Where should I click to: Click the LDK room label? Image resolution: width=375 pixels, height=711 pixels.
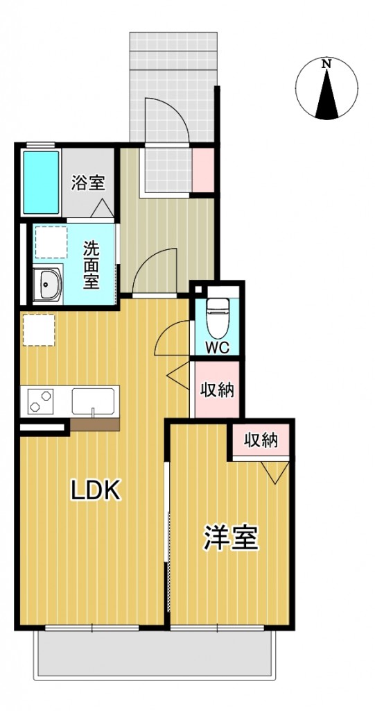click(97, 491)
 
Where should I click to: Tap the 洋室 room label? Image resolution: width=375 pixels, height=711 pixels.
click(231, 538)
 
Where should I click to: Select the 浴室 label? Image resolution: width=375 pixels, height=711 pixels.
click(88, 183)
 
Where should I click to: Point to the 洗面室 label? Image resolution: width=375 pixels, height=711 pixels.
click(91, 265)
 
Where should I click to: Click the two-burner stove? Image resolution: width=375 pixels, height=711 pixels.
click(41, 401)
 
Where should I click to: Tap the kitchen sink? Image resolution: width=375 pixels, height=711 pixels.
click(92, 401)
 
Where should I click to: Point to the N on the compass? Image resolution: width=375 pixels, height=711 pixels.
click(326, 64)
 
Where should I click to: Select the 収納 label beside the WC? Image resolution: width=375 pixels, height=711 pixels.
click(216, 390)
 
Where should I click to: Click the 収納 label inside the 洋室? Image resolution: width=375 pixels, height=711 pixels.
click(261, 440)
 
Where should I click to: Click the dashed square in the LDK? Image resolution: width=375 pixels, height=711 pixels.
click(38, 329)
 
